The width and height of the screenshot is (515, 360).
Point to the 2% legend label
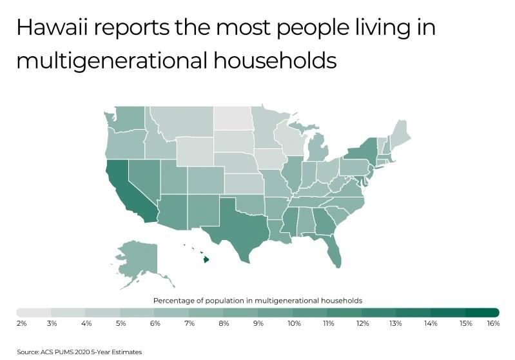pos(21,323)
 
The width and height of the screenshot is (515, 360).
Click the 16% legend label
pos(493,323)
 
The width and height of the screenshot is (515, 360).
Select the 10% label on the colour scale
pos(294,323)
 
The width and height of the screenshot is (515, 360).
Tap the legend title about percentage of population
pos(257,301)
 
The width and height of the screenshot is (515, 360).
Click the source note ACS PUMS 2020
pos(79,352)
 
